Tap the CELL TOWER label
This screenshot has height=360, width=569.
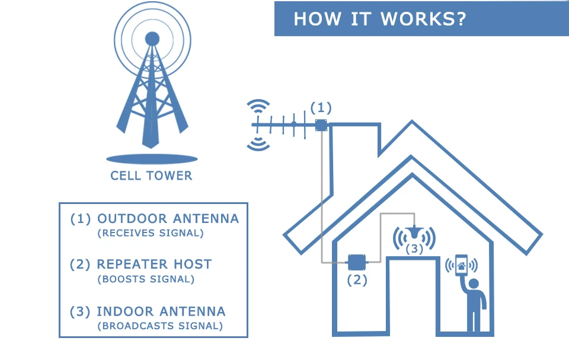[x=151, y=176]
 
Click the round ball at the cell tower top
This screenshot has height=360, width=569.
[x=152, y=39]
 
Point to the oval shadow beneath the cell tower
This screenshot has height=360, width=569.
[x=152, y=159]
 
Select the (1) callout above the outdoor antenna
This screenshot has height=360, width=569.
[x=321, y=108]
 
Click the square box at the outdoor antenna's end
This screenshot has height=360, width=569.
[x=321, y=125]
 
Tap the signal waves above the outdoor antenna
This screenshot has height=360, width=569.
[x=258, y=106]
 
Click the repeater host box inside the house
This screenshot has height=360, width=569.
[x=357, y=262]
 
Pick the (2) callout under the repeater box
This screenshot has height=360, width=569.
[x=357, y=280]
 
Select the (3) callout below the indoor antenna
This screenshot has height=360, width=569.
[x=414, y=249]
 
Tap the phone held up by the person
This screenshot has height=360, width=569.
[x=461, y=265]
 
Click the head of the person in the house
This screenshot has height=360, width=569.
[x=474, y=283]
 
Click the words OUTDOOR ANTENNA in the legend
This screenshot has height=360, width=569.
[x=168, y=219]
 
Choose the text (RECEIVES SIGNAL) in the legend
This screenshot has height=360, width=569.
[x=151, y=233]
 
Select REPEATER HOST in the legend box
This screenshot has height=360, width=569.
[x=154, y=265]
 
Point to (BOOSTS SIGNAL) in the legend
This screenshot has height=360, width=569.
[x=146, y=279]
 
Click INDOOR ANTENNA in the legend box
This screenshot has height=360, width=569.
[x=161, y=312]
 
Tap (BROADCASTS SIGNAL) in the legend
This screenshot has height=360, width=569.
[x=160, y=326]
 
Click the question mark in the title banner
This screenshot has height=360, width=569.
[x=461, y=19]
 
